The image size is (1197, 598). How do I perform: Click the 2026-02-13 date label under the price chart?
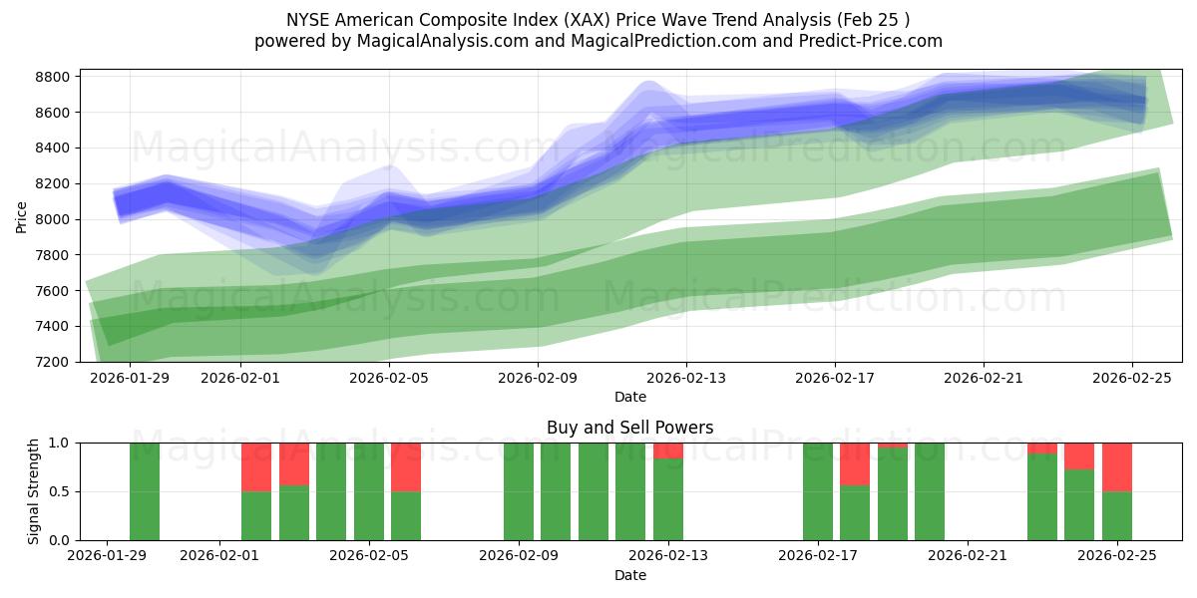click(x=686, y=378)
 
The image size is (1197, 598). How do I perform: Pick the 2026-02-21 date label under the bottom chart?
click(x=968, y=556)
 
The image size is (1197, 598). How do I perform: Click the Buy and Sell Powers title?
click(x=629, y=428)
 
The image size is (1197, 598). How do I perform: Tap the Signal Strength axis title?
click(x=34, y=490)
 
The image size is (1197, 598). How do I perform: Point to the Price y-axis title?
click(x=22, y=215)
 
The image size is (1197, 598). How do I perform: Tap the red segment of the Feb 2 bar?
click(x=256, y=466)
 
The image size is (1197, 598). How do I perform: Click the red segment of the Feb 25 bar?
click(x=1117, y=466)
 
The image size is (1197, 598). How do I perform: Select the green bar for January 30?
click(x=145, y=491)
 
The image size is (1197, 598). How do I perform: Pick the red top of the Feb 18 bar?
click(x=855, y=463)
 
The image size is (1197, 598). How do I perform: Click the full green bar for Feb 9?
click(x=519, y=491)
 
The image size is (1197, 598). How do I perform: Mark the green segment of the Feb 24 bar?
click(x=1079, y=504)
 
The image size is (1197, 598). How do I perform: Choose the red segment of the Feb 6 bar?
click(x=406, y=466)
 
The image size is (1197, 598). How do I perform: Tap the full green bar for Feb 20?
click(x=930, y=491)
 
